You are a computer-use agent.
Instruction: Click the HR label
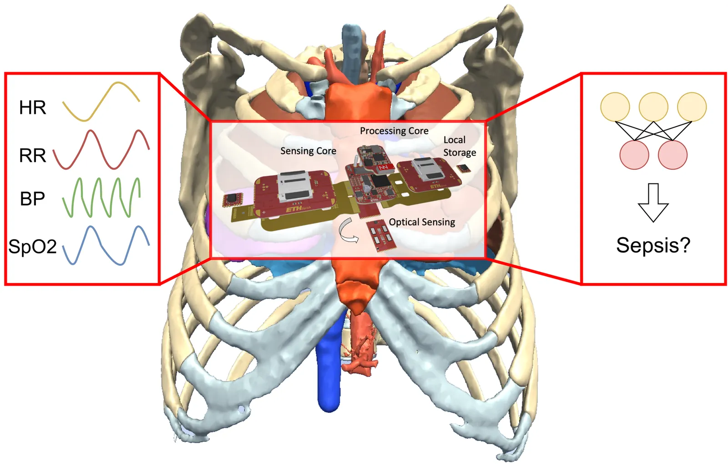[32, 107]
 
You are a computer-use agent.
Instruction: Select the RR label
[32, 155]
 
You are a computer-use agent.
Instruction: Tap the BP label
[32, 198]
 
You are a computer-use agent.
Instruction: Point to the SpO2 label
[32, 246]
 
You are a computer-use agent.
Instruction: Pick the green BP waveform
[102, 197]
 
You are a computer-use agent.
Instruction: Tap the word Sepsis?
[653, 245]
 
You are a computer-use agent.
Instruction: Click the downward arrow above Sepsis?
[653, 203]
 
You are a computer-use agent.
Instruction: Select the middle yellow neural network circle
[653, 107]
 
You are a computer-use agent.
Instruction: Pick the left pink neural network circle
[634, 155]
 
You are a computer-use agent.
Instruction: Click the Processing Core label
[394, 131]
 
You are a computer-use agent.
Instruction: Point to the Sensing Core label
[308, 151]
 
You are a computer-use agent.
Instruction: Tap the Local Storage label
[460, 146]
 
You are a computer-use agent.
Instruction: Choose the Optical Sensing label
[422, 222]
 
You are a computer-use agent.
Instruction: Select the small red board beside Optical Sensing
[381, 236]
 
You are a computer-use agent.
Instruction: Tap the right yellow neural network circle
[692, 107]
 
